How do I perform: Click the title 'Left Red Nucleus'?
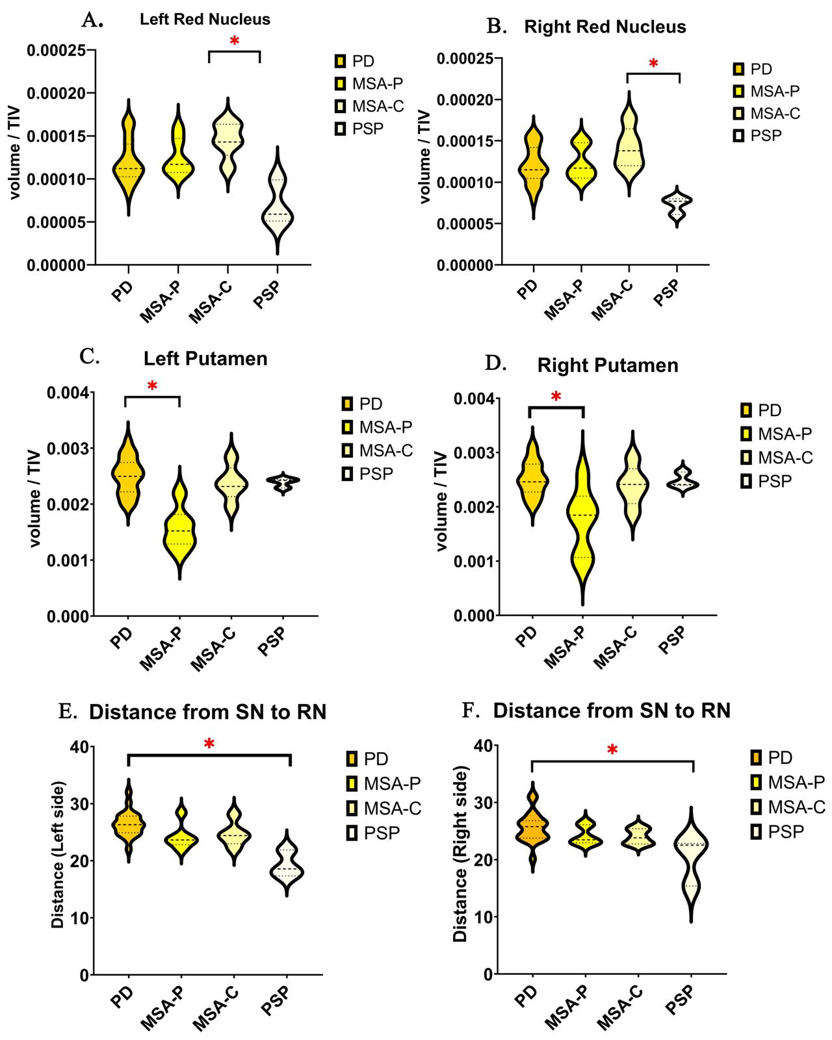(x=205, y=19)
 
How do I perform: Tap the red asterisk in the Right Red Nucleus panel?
(x=653, y=63)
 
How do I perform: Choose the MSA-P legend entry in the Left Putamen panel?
(x=378, y=427)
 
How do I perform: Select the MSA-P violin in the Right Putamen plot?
(x=583, y=520)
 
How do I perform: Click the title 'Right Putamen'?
(x=608, y=365)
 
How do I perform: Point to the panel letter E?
(x=66, y=711)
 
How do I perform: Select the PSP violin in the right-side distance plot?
(x=692, y=858)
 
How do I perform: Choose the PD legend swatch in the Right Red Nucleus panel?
(x=738, y=70)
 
